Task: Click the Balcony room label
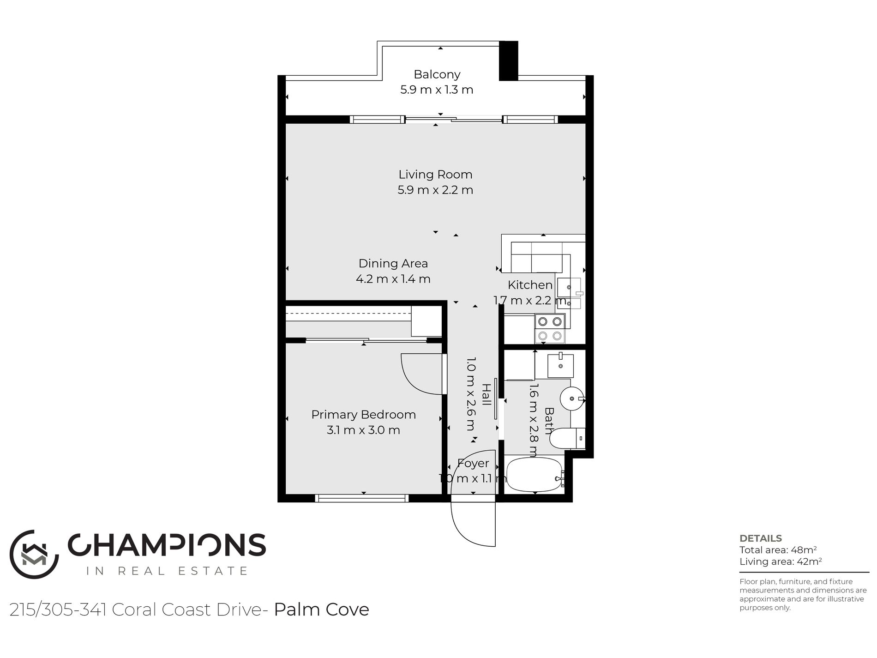coord(437,74)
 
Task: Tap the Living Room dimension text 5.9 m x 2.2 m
coord(435,190)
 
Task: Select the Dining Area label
coord(393,263)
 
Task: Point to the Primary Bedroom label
coord(364,415)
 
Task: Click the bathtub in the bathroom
coord(535,475)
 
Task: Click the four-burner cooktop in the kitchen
coord(550,328)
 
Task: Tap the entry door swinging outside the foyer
coord(473,524)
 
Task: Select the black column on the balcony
coord(509,61)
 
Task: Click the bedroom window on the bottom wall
coord(362,498)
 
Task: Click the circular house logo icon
coord(34,554)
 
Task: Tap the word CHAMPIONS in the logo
coord(167,545)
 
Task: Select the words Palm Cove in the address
coord(322,610)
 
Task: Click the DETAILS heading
coord(761,538)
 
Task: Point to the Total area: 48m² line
coord(778,550)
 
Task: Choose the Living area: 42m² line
coord(781,561)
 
